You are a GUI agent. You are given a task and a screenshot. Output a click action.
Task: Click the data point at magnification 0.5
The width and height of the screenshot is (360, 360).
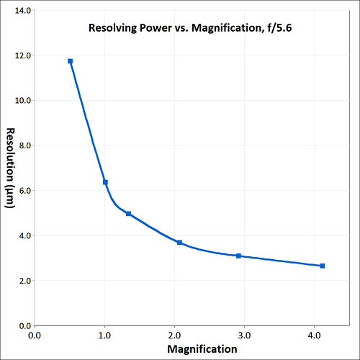tap(70, 61)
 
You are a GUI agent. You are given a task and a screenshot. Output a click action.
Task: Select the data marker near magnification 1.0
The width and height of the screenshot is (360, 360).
tap(105, 182)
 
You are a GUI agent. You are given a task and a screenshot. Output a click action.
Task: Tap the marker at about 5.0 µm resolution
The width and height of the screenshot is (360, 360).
tap(128, 214)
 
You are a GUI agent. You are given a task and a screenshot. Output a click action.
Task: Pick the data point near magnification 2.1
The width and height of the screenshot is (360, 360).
tap(179, 243)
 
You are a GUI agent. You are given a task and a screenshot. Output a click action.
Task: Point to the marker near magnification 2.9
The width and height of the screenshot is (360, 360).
tap(238, 256)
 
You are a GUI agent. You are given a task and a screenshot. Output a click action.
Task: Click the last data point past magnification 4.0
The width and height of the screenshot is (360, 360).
tap(322, 266)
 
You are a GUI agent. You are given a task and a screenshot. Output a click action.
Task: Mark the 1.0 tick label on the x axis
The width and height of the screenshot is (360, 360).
tap(104, 336)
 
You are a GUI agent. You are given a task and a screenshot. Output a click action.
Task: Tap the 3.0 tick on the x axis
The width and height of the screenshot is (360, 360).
tap(245, 336)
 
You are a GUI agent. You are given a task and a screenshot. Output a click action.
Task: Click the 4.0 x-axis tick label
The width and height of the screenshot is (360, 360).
tap(315, 336)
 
